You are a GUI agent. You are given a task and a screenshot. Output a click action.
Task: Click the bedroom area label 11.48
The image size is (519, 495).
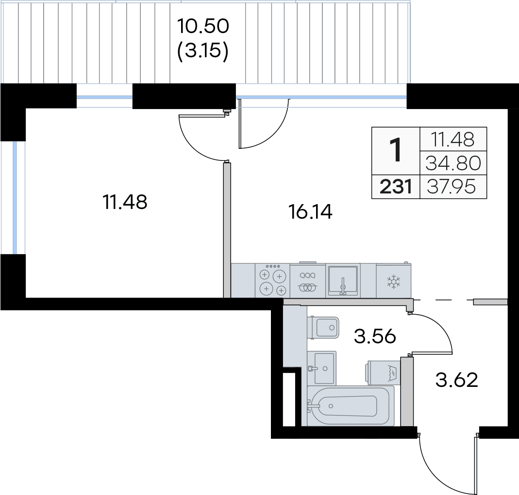[x=125, y=202]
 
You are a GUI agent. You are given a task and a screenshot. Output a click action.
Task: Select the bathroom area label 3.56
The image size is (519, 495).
[x=375, y=336]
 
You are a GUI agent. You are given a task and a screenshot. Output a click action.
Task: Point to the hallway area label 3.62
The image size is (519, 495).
[x=457, y=380]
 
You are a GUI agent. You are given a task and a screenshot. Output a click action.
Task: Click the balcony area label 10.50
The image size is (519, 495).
[x=203, y=26]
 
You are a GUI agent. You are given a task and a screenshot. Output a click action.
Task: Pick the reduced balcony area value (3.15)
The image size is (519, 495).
[x=203, y=51]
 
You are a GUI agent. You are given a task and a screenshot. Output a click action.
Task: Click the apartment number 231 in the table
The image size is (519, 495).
[x=396, y=187]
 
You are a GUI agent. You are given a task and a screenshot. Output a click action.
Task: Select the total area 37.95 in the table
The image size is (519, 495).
[x=451, y=187]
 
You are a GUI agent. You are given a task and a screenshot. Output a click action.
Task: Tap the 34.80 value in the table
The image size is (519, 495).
[x=453, y=163]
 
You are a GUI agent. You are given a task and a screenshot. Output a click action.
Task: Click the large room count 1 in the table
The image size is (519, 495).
[x=396, y=150]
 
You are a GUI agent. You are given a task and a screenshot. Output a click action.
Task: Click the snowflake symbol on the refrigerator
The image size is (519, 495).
[x=394, y=282]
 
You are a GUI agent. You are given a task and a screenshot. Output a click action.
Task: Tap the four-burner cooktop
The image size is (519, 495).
[x=273, y=281]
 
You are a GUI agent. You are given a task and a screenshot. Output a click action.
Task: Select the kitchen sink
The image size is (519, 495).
[x=343, y=281]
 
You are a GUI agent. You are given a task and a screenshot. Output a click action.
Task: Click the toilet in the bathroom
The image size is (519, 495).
[x=323, y=327]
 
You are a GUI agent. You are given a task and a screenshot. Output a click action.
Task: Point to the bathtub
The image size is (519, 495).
[x=351, y=406]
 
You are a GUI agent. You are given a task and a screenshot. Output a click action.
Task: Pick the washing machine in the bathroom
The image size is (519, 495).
[x=383, y=372]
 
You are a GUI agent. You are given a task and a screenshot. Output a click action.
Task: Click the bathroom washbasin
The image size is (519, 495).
[x=322, y=368]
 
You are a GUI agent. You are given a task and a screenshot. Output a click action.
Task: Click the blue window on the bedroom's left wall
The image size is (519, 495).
[x=14, y=198]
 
